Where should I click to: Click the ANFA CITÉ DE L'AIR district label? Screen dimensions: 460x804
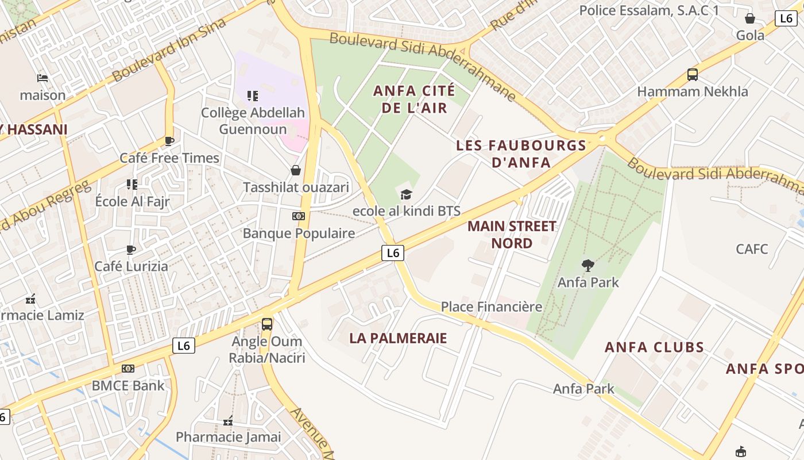[x=414, y=99]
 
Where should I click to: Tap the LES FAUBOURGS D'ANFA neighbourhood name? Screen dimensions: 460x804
[x=521, y=154]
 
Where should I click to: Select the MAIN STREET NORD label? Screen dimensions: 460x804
[x=512, y=234]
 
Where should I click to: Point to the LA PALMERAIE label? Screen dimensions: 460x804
[x=398, y=338]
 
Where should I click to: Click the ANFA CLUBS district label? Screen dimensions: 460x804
[x=654, y=347]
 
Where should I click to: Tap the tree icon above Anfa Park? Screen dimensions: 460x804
[x=587, y=266]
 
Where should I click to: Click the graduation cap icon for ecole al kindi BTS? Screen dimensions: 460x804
[x=407, y=194]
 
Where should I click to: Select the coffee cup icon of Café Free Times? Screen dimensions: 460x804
[x=169, y=141]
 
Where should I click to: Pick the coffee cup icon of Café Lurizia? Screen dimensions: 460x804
[x=131, y=250]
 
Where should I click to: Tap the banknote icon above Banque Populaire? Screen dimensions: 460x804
[x=298, y=216]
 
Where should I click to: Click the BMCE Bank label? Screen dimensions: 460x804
[x=128, y=385]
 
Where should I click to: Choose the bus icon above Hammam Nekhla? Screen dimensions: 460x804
[x=693, y=75]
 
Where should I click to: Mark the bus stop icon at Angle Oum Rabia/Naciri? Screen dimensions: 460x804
[x=267, y=324]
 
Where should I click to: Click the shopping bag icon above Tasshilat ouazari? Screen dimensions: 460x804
[x=296, y=170]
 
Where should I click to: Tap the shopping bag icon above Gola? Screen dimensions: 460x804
[x=750, y=18]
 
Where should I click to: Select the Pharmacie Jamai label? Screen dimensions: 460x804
[x=229, y=437]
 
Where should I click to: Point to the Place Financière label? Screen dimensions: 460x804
[x=492, y=306]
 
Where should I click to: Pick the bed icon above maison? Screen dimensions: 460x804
[x=42, y=78]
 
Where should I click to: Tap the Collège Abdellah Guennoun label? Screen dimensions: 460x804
[x=253, y=120]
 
